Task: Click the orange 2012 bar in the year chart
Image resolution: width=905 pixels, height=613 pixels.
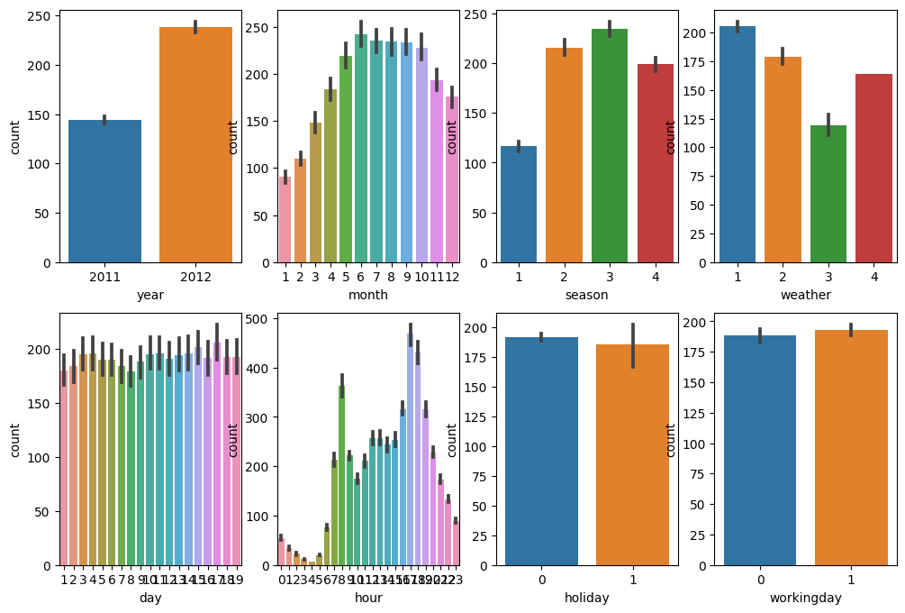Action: pyautogui.click(x=195, y=144)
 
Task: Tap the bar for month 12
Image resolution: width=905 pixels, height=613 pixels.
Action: pyautogui.click(x=452, y=179)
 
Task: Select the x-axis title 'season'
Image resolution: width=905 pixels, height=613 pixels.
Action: pyautogui.click(x=586, y=295)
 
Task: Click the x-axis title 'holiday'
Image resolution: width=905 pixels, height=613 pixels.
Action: pyautogui.click(x=587, y=598)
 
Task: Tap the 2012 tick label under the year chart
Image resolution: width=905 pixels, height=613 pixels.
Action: pyautogui.click(x=195, y=277)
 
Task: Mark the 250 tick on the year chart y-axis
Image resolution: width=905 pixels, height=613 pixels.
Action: pyautogui.click(x=41, y=17)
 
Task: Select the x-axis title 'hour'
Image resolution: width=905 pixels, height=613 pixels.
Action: pyautogui.click(x=368, y=598)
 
